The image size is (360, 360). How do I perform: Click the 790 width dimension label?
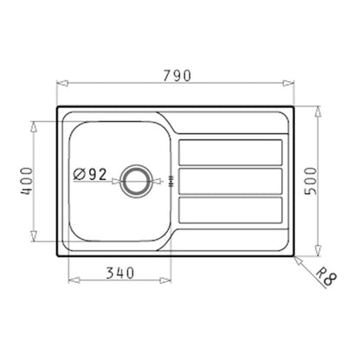pyautogui.click(x=177, y=75)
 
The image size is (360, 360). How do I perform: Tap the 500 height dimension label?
pyautogui.click(x=311, y=181)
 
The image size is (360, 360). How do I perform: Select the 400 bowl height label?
pyautogui.click(x=28, y=182)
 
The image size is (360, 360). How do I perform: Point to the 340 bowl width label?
pyautogui.click(x=120, y=273)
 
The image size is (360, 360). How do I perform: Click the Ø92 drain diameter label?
pyautogui.click(x=90, y=174)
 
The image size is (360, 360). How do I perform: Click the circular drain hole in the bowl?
pyautogui.click(x=136, y=181)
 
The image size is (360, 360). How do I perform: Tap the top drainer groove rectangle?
pyautogui.click(x=230, y=152)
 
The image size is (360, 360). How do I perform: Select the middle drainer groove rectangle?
pyautogui.click(x=230, y=181)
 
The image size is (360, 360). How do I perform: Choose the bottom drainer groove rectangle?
pyautogui.click(x=230, y=210)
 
